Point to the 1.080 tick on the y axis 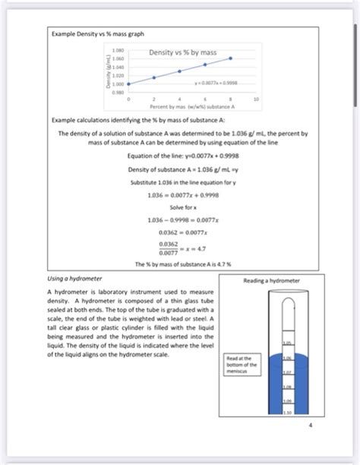click(x=118, y=49)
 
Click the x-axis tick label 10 click(x=256, y=99)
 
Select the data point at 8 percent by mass click(x=231, y=58)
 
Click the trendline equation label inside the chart click(x=217, y=84)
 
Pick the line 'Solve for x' click(x=180, y=207)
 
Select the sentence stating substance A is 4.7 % click(x=180, y=264)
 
